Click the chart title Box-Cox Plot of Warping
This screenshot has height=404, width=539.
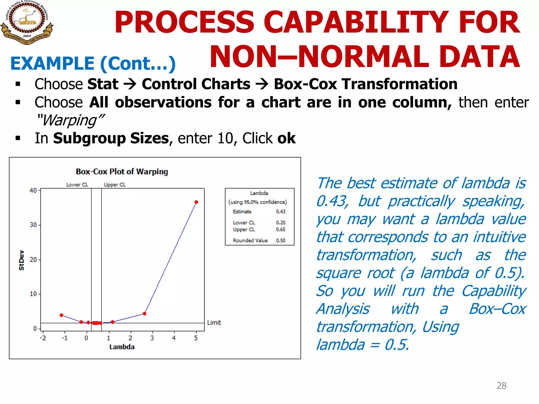122,172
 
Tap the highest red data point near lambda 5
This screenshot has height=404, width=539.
196,202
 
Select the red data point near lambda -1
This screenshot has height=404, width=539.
61,315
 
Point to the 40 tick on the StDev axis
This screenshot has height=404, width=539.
33,190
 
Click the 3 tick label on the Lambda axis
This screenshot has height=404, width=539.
152,338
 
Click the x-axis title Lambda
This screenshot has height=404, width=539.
122,347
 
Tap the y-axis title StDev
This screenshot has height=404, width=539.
22,260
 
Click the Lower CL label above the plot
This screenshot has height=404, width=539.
77,185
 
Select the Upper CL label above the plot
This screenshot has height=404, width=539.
114,185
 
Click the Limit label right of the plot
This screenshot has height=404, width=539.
214,323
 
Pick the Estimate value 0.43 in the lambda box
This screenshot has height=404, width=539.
281,212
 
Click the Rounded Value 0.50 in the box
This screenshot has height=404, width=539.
281,240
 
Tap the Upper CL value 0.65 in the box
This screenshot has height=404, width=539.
281,229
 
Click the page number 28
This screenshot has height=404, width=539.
501,386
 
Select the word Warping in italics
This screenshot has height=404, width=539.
70,121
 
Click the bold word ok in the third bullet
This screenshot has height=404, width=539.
287,138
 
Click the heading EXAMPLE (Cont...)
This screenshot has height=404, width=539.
93,64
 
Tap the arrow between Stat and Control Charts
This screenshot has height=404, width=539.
130,84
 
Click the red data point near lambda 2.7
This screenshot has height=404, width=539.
144,314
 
